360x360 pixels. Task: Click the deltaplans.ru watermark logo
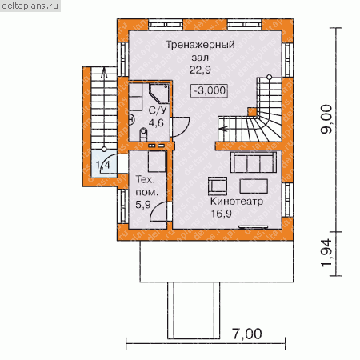[30, 6]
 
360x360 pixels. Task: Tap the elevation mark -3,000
[210, 90]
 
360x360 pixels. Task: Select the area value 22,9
[200, 70]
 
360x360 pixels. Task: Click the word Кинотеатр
[237, 202]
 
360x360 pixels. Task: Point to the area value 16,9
[222, 214]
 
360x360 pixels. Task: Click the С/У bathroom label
[158, 110]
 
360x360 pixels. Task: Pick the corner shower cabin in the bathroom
[159, 93]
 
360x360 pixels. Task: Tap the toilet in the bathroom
[143, 134]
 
